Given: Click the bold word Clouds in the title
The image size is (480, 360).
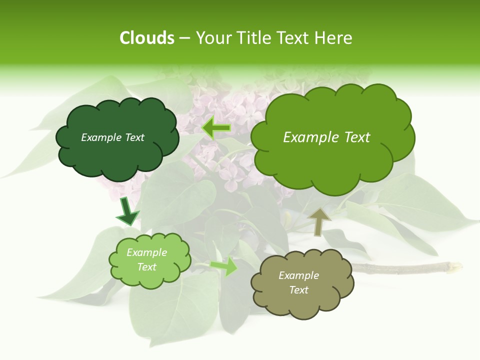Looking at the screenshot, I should point(147,38).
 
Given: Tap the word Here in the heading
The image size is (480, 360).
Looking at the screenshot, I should point(333,38).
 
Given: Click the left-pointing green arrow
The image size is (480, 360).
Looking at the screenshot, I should point(215,128).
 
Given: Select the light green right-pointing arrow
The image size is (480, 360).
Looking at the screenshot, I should point(224,266).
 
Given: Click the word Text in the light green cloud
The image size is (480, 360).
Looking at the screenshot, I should point(147,267).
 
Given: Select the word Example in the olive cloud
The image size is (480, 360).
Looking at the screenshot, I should point(298,275).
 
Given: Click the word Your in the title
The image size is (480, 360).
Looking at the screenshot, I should point(211,38).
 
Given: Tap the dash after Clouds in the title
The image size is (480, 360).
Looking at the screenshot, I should point(184,38).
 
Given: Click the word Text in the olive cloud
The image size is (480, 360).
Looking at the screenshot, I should point(298,290).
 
